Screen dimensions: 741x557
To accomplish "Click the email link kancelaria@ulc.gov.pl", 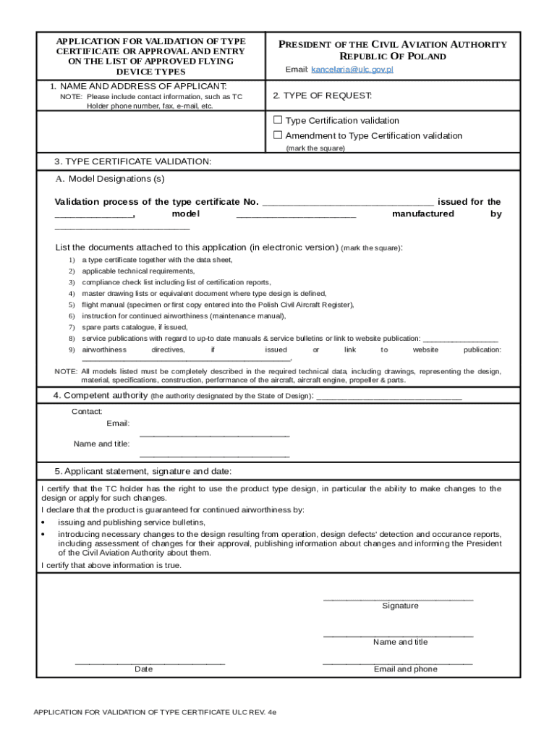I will pos(352,70).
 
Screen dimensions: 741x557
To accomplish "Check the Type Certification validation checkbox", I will pos(278,120).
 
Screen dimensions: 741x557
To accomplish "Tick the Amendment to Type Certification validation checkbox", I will pos(278,135).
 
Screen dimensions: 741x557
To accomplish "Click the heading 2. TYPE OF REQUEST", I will pos(322,96).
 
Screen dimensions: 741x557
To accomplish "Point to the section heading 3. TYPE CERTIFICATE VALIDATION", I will pos(133,161).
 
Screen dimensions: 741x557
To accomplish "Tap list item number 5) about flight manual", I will pos(218,305).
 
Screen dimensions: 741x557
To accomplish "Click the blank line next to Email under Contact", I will pos(214,435).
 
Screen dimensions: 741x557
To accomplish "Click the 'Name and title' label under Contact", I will pos(101,444).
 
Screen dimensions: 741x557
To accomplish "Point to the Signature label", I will pos(400,606).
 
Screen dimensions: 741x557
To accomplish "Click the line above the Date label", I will pos(150,663).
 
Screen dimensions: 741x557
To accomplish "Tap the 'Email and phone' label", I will pos(405,669).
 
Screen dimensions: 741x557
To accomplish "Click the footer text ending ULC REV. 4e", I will pos(155,712).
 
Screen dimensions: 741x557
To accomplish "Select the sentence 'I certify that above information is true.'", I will pos(111,565).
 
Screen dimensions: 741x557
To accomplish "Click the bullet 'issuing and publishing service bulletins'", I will pos(132,522).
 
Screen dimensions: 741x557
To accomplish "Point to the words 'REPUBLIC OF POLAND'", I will pos(393,56).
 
